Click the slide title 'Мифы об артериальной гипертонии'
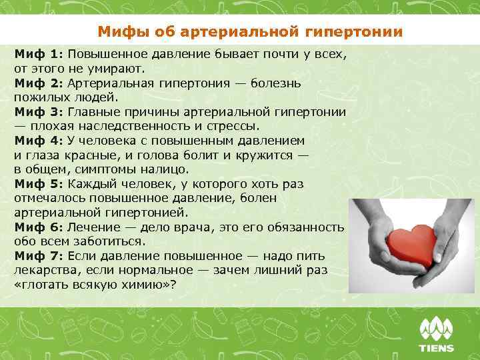coord(250,31)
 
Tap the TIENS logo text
coord(436,348)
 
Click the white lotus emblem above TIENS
coord(436,329)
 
